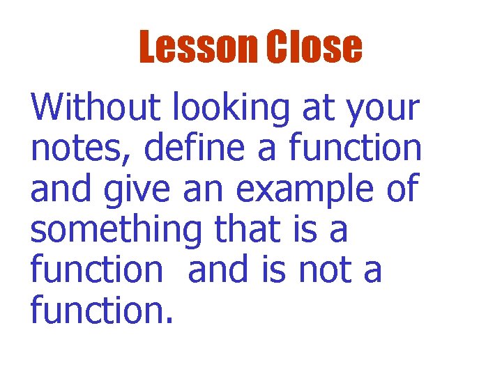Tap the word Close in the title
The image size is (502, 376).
point(314,47)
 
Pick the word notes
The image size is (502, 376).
point(72,149)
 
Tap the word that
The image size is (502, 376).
point(248,229)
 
